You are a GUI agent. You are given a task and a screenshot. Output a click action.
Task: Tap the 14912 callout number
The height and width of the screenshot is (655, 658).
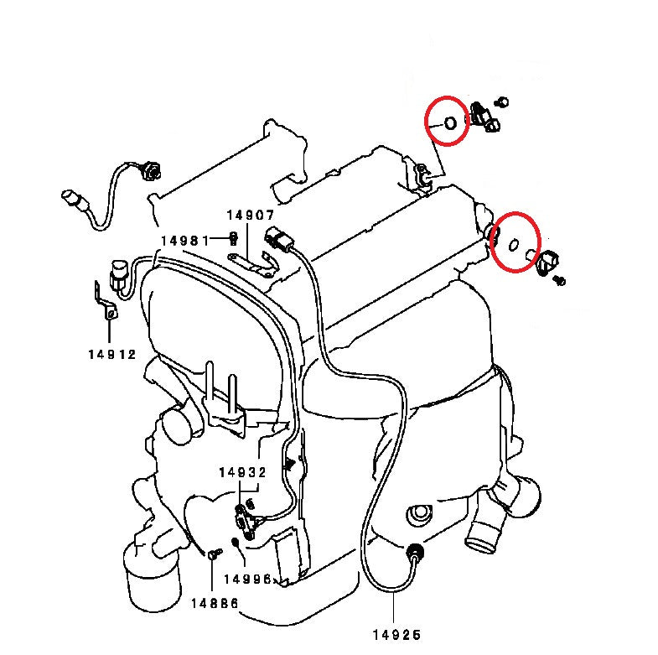click(x=111, y=354)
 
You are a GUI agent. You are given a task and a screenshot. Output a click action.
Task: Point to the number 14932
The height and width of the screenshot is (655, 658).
click(x=242, y=473)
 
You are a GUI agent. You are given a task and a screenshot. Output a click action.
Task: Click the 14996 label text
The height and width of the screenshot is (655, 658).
click(x=247, y=579)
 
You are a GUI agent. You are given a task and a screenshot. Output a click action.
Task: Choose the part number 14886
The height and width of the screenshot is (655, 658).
click(x=215, y=603)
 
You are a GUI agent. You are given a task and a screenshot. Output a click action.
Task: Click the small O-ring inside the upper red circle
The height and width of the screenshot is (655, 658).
click(x=449, y=123)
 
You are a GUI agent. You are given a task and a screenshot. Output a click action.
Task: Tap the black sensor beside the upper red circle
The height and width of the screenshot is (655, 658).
click(x=484, y=117)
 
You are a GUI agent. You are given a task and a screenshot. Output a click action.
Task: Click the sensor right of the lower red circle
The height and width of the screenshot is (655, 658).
click(x=550, y=263)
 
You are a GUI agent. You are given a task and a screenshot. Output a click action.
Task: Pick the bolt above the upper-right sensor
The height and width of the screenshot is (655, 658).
click(x=503, y=101)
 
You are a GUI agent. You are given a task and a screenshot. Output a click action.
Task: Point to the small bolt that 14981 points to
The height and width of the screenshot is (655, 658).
click(x=234, y=240)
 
